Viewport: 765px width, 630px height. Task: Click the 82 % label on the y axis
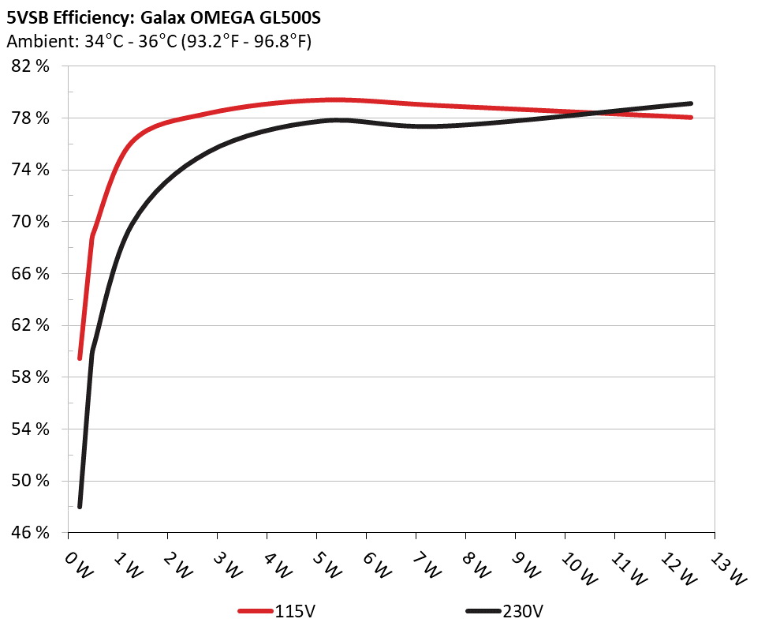(x=32, y=66)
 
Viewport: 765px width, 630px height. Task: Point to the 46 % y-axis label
(x=32, y=533)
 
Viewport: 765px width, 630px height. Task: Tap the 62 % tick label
(x=32, y=325)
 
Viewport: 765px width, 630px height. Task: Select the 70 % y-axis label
(x=32, y=222)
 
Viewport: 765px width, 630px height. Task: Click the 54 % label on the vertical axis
(x=32, y=429)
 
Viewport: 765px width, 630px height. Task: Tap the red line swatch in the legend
(x=257, y=611)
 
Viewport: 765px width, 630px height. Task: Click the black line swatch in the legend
(x=484, y=611)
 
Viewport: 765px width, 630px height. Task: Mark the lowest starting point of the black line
(x=80, y=506)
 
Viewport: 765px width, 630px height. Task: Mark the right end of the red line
(x=690, y=117)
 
